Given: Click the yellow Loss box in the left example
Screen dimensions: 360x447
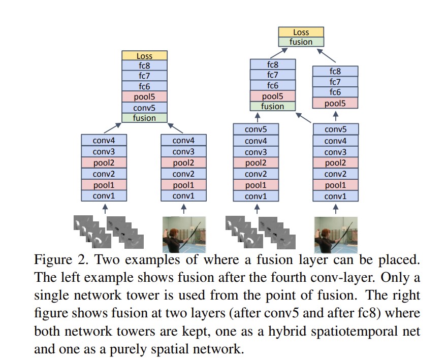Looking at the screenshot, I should point(144,56).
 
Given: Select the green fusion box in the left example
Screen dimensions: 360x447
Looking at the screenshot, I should point(144,118).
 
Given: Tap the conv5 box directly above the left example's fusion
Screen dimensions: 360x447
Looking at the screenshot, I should point(144,108).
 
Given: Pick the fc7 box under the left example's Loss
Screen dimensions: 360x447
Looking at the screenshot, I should point(144,76).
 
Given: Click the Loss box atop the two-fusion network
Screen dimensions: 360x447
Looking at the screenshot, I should point(301,32).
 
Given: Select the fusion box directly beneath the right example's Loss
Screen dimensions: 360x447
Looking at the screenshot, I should point(301,42).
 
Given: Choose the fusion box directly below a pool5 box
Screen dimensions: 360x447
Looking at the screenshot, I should point(272,106).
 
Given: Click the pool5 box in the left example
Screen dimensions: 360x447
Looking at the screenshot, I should point(144,97).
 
